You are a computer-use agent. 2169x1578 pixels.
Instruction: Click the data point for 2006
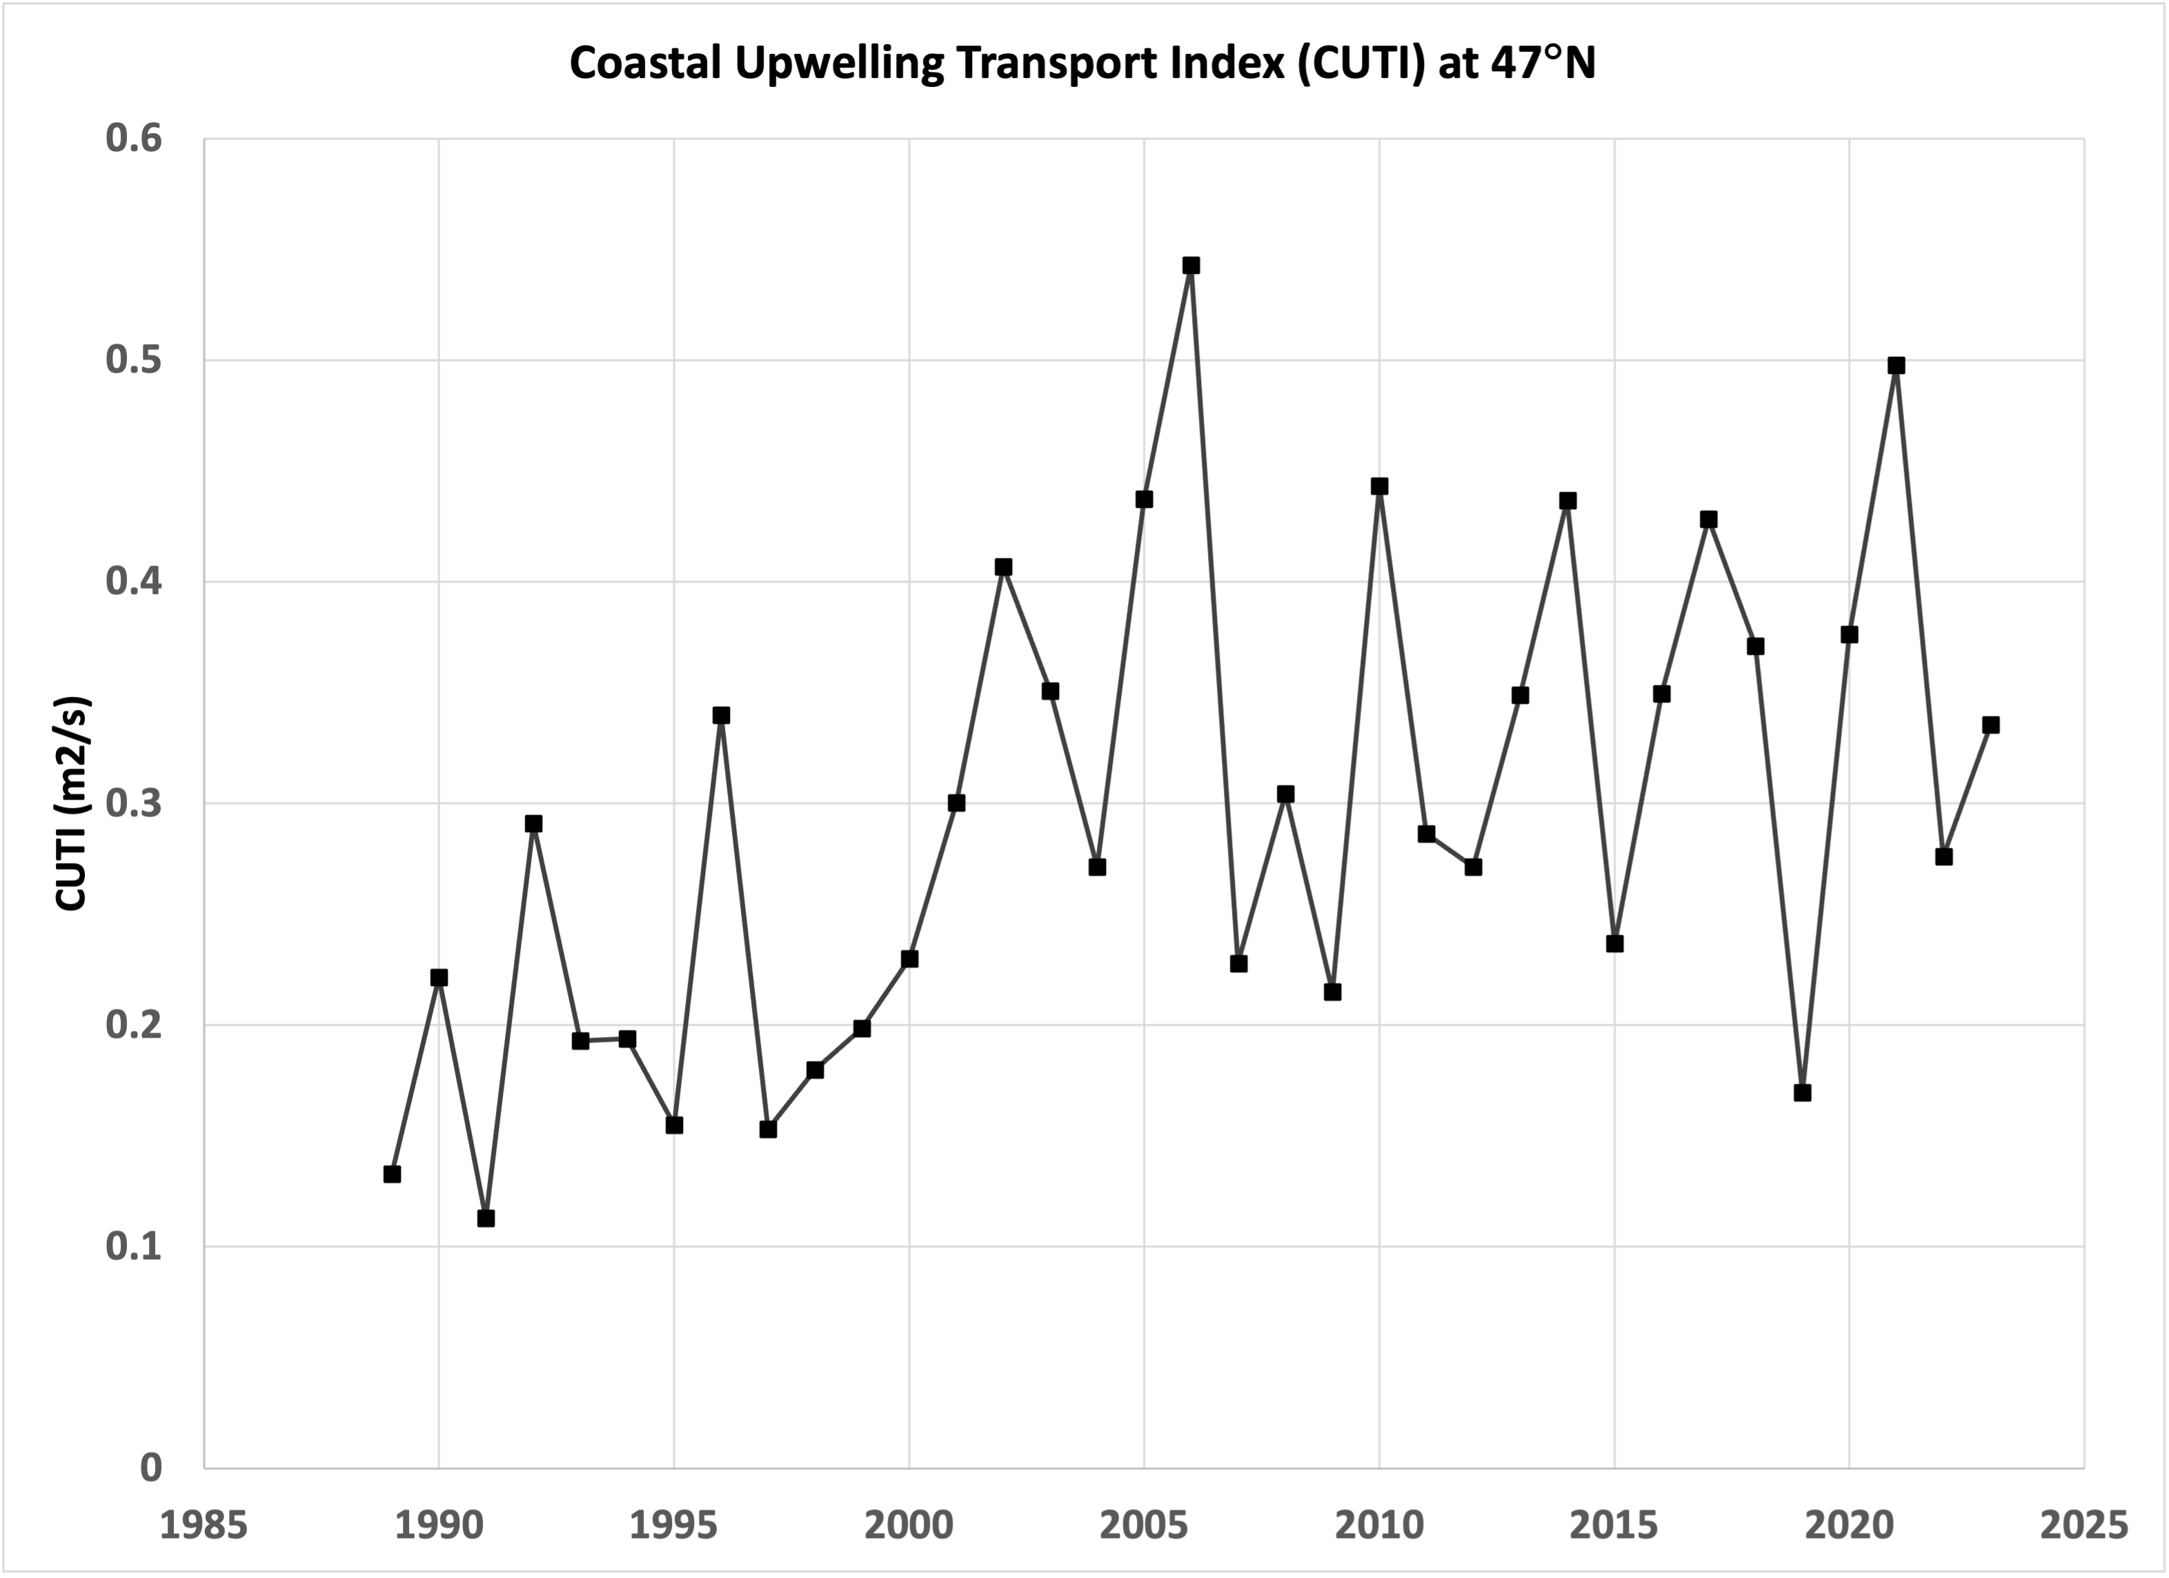(x=1191, y=266)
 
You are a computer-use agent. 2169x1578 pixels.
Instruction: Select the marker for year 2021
(x=1896, y=365)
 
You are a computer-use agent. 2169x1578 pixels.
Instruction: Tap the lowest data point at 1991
(x=486, y=1219)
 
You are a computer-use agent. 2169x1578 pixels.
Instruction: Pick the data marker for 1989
(x=392, y=1174)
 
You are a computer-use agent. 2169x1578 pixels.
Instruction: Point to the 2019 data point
(x=1803, y=1093)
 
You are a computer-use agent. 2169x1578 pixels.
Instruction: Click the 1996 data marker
(x=721, y=716)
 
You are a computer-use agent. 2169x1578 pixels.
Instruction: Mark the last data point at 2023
(x=1990, y=725)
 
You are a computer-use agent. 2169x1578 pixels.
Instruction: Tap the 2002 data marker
(x=1003, y=567)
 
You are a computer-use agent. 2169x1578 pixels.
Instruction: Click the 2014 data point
(x=1567, y=501)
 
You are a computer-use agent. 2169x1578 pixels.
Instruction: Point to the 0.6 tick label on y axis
(x=134, y=139)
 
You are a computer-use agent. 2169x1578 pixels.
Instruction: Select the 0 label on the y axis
(x=151, y=1468)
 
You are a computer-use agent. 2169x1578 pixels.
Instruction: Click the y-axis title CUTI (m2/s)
(x=72, y=803)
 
